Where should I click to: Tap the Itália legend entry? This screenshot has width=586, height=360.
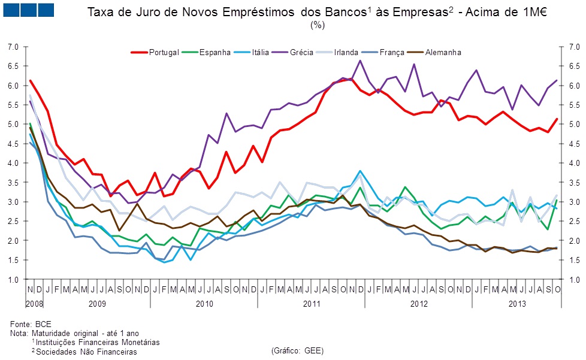pyautogui.click(x=264, y=53)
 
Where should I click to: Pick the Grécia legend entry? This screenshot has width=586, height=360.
pyautogui.click(x=301, y=53)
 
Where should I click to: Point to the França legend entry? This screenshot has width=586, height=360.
pyautogui.click(x=392, y=53)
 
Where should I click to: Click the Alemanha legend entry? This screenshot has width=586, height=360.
pyautogui.click(x=443, y=53)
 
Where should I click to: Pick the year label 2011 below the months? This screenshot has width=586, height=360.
pyautogui.click(x=311, y=304)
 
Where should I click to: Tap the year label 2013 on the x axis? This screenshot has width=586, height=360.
pyautogui.click(x=518, y=304)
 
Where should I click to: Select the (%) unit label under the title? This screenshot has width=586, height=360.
pyautogui.click(x=318, y=25)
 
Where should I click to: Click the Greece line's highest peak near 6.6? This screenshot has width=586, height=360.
pyautogui.click(x=360, y=60)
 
